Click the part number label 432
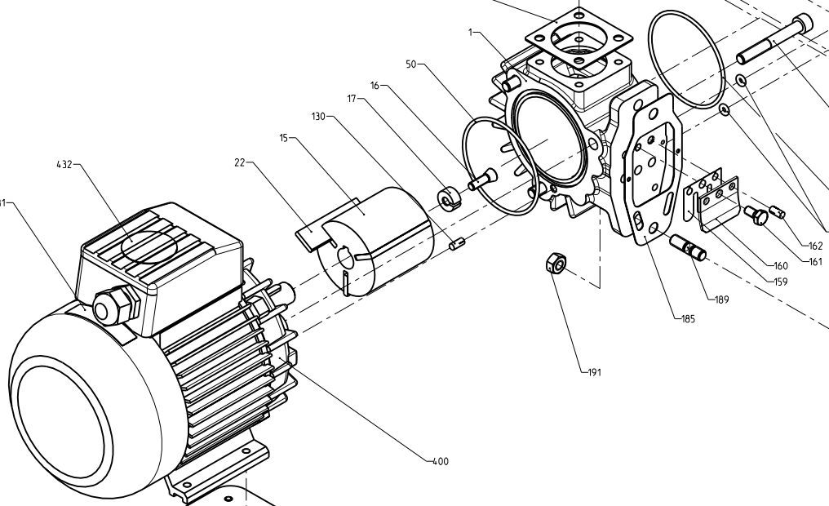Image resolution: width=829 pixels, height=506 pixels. point(64,164)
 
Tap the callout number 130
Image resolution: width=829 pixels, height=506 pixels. point(317,117)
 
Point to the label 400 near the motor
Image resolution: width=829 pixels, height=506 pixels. point(440,462)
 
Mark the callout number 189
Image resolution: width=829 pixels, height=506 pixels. point(721,300)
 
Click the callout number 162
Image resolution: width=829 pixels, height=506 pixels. point(815,246)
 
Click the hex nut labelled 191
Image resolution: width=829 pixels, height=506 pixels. point(554,264)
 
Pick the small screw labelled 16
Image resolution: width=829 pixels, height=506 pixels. point(482,179)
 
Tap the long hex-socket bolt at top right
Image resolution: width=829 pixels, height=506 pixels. point(775,40)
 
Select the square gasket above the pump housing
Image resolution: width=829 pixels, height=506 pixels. point(579,38)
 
